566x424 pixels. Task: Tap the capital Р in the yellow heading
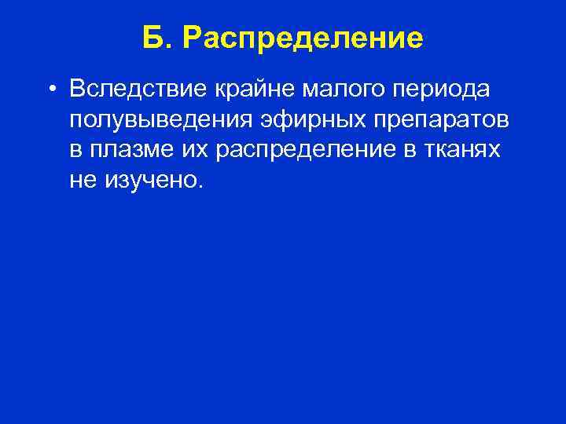click(x=192, y=38)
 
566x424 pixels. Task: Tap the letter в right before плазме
click(x=75, y=152)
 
